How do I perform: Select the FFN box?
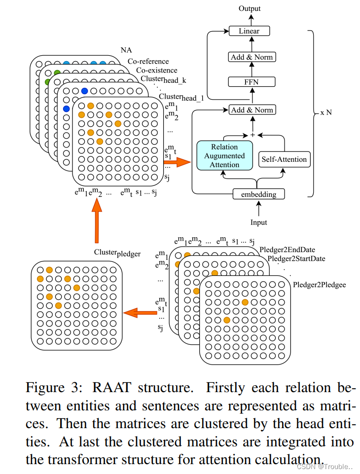[x=251, y=82]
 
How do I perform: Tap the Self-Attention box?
[x=284, y=159]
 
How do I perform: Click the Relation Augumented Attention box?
[x=224, y=156]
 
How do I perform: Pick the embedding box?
[x=259, y=194]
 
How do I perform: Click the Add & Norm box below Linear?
[x=251, y=57]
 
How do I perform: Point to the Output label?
[x=250, y=8]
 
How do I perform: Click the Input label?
[x=258, y=222]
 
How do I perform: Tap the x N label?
[x=326, y=112]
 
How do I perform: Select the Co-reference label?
[x=148, y=62]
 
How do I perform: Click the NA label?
[x=126, y=50]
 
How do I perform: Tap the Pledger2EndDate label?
[x=287, y=250]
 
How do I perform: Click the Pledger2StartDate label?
[x=296, y=259]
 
